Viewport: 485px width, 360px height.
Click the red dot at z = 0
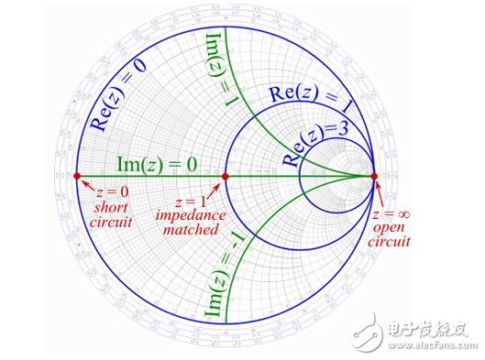[x=76, y=176]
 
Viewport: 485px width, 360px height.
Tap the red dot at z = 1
[x=226, y=176]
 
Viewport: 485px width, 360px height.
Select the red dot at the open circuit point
[x=375, y=176]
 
